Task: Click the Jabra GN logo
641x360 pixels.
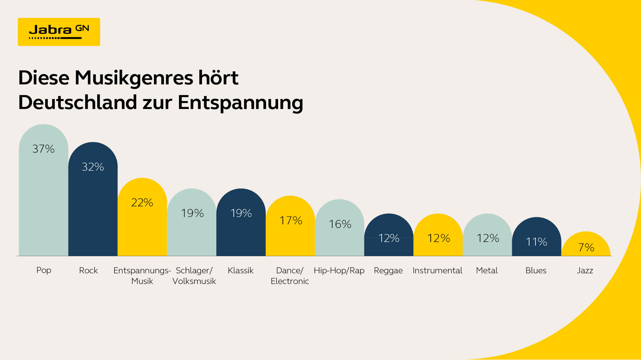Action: pyautogui.click(x=59, y=32)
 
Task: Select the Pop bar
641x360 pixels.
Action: pyautogui.click(x=44, y=201)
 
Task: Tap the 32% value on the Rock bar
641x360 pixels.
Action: pyautogui.click(x=93, y=167)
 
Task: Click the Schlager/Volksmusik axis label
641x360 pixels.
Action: pyautogui.click(x=194, y=275)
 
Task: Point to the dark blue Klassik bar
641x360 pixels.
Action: pyautogui.click(x=241, y=235)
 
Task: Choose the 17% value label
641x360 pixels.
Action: pyautogui.click(x=291, y=220)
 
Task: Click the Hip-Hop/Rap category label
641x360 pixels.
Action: pyautogui.click(x=339, y=270)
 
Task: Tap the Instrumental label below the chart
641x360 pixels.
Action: pyautogui.click(x=437, y=270)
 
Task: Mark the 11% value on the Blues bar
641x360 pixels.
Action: pyautogui.click(x=536, y=242)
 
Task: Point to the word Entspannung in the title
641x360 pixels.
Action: pyautogui.click(x=240, y=102)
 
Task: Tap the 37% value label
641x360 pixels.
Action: pyautogui.click(x=44, y=149)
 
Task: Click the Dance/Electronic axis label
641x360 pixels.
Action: pyautogui.click(x=290, y=275)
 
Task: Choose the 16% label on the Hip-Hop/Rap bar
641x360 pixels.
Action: pyautogui.click(x=340, y=224)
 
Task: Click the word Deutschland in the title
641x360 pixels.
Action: pyautogui.click(x=77, y=102)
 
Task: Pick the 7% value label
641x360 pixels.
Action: pyautogui.click(x=586, y=247)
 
